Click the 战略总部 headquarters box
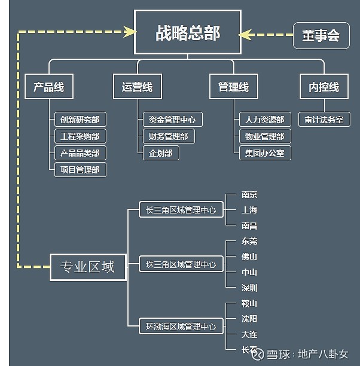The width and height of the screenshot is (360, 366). pyautogui.click(x=187, y=33)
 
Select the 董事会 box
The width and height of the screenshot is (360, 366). pyautogui.click(x=321, y=36)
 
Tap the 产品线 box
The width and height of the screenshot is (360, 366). pyautogui.click(x=48, y=87)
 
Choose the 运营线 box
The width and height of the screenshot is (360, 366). pyautogui.click(x=137, y=87)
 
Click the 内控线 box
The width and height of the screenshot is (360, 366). pyautogui.click(x=324, y=87)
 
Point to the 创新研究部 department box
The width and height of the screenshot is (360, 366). pyautogui.click(x=80, y=120)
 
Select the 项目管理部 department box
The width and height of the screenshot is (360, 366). pyautogui.click(x=80, y=169)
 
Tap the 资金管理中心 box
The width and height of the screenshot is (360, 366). pyautogui.click(x=172, y=120)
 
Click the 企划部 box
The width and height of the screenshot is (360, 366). pyautogui.click(x=161, y=153)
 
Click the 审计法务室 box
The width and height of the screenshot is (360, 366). pyautogui.click(x=324, y=120)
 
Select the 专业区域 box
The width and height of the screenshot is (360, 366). pyautogui.click(x=89, y=267)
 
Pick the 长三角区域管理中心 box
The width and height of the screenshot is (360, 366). pyautogui.click(x=181, y=210)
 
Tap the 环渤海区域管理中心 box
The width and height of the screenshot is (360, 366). pyautogui.click(x=181, y=327)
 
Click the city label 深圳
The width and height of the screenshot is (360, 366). pyautogui.click(x=249, y=288)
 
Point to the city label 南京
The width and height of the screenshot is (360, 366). pyautogui.click(x=249, y=195)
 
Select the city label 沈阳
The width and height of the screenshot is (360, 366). pyautogui.click(x=249, y=319)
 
